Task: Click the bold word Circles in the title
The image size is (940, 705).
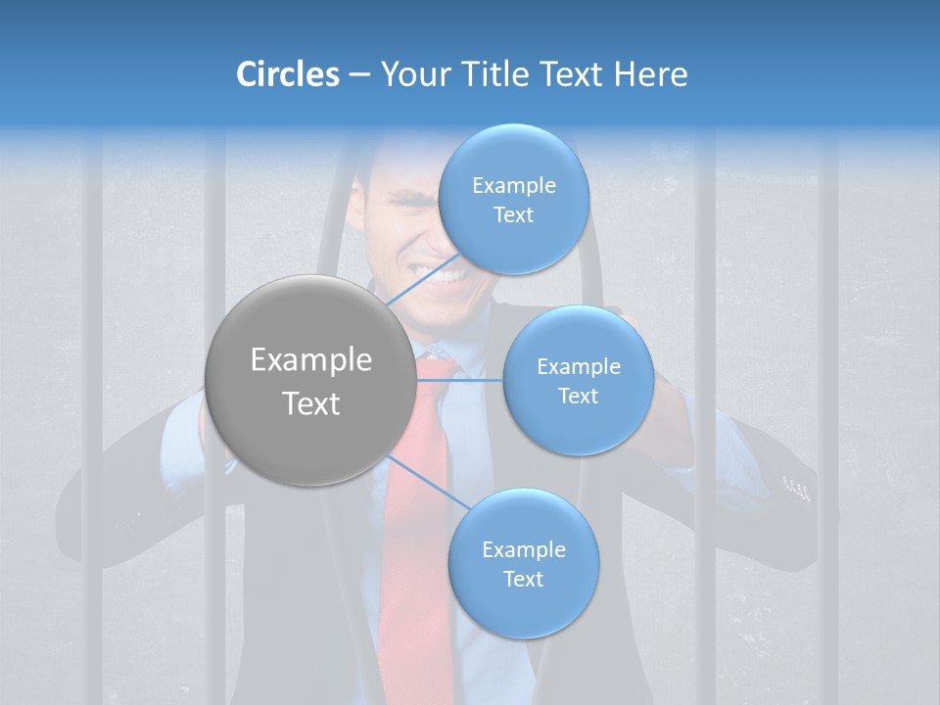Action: (x=287, y=74)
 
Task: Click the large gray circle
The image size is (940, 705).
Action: (x=310, y=380)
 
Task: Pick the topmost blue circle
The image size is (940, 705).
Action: (x=513, y=200)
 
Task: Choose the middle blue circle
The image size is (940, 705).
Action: (x=578, y=380)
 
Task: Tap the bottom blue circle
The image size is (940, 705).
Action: (x=523, y=564)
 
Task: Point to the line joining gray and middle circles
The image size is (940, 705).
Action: (x=460, y=380)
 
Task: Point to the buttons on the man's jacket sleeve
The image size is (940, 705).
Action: (x=797, y=486)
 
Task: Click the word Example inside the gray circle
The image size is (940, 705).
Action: (x=310, y=360)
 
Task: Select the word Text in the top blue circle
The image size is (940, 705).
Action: (x=513, y=215)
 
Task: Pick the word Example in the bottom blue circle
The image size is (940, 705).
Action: (x=523, y=549)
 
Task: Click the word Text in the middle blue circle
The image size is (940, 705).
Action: (x=578, y=396)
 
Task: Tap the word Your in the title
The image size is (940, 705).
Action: (x=415, y=74)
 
